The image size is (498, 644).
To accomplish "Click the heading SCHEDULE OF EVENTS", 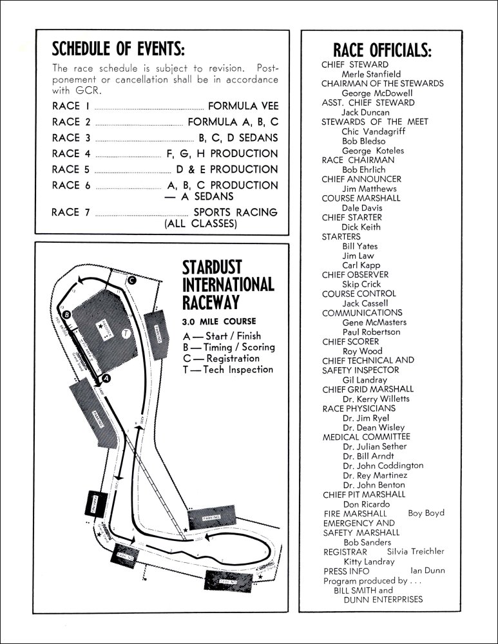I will tap(119, 48).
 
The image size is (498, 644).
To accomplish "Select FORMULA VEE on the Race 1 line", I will tap(243, 106).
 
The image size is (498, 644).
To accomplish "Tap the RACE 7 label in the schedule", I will tap(75, 212).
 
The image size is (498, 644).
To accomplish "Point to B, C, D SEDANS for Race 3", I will tap(238, 138).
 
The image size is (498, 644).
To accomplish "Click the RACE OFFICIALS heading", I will tap(382, 50).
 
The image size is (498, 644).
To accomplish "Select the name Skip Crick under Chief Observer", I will tap(361, 284).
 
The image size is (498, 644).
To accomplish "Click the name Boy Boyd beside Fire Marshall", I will tap(426, 513).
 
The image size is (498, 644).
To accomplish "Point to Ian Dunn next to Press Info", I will tap(427, 571).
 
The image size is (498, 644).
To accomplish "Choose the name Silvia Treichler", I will tap(416, 551).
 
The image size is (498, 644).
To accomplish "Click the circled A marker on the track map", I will tap(107, 379).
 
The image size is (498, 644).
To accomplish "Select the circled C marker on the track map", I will tap(131, 280).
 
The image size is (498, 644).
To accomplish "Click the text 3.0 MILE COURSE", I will tap(219, 321).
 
